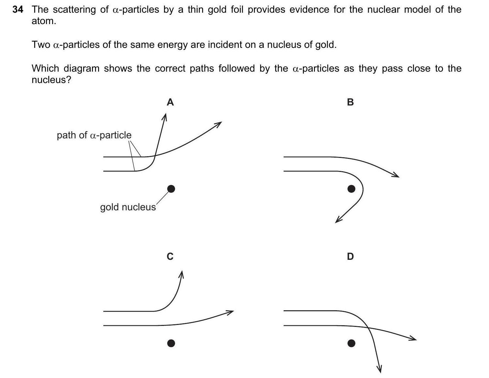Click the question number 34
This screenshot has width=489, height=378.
point(18,10)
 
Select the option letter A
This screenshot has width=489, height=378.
point(170,102)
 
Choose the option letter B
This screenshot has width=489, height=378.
point(350,102)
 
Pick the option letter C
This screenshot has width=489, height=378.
point(170,257)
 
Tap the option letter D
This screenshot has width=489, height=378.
point(350,257)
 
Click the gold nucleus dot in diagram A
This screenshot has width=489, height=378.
point(171,189)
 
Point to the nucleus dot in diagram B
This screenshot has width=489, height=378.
point(351,189)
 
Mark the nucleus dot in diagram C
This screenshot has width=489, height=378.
point(171,343)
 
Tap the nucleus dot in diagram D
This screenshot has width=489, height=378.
point(351,343)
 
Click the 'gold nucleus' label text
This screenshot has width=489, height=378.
point(128,207)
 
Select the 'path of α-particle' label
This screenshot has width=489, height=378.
point(94,135)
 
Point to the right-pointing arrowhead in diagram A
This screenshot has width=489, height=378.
point(218,124)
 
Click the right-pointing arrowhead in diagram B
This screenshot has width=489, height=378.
point(396,175)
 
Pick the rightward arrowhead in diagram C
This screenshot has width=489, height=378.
point(230,312)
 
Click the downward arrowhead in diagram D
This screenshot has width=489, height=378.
point(379,369)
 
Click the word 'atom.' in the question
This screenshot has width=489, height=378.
point(44,21)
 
